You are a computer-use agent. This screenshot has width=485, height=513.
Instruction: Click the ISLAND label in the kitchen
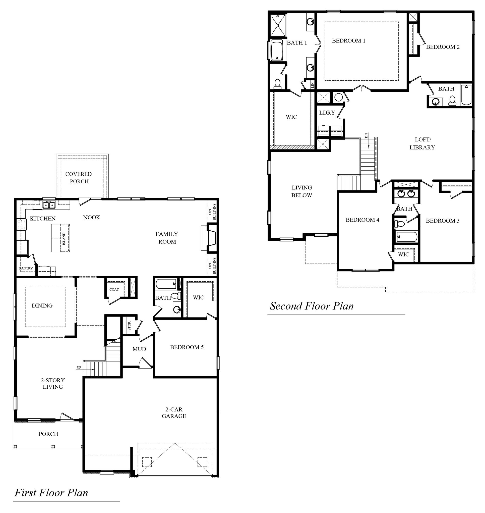[x=64, y=238]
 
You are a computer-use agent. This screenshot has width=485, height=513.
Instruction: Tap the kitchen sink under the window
[x=49, y=205]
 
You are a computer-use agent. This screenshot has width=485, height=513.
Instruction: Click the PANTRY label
[x=26, y=268]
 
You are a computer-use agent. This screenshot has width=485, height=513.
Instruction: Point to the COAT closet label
[x=114, y=289]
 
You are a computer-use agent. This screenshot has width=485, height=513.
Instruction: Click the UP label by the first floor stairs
[x=79, y=367]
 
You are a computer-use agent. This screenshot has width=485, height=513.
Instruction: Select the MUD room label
[x=139, y=349]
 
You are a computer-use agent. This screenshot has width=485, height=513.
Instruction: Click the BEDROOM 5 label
[x=187, y=347]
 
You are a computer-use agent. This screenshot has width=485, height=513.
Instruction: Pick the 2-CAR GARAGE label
[x=174, y=413]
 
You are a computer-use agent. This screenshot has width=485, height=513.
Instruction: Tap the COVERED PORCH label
[x=79, y=177]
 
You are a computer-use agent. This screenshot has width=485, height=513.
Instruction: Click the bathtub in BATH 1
[x=277, y=50]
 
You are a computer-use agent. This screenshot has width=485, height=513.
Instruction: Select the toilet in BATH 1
[x=277, y=84]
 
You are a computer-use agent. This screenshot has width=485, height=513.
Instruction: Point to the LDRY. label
[x=328, y=113]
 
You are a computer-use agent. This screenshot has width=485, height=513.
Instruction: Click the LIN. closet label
[x=313, y=84]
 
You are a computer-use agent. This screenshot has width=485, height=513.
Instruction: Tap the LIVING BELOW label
[x=302, y=191]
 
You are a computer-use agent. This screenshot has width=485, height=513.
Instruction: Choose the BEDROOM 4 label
[x=362, y=220]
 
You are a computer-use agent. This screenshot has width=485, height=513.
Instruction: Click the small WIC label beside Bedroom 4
[x=403, y=254]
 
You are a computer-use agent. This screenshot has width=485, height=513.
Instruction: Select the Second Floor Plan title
[x=312, y=306]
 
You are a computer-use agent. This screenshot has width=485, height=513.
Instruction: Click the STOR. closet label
[x=130, y=326]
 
